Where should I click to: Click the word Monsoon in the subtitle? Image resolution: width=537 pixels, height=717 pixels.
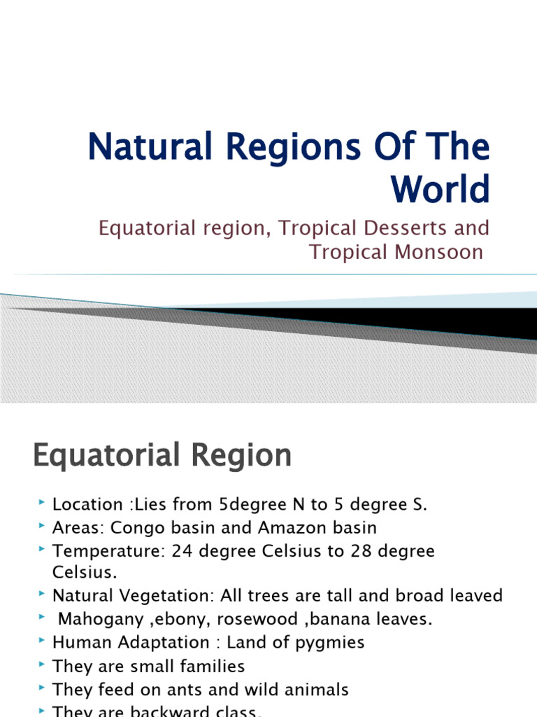(x=441, y=252)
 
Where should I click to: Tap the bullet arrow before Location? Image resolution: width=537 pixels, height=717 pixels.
(x=43, y=503)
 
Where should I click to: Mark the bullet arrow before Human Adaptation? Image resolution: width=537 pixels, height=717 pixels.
(x=43, y=641)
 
